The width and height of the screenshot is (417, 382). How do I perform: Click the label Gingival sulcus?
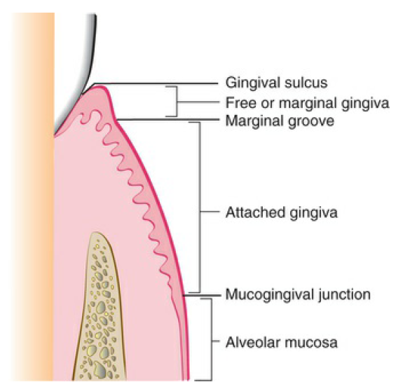[x=276, y=83]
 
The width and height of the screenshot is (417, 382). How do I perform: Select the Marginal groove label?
[x=280, y=121]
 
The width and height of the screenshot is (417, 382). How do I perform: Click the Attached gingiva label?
[x=281, y=213]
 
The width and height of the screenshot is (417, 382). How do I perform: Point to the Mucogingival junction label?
[x=298, y=294]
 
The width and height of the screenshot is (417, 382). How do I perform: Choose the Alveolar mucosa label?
[x=281, y=342]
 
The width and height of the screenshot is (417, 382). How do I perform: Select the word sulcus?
[x=306, y=83]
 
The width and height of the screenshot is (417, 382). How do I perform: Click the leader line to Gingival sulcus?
[x=155, y=83]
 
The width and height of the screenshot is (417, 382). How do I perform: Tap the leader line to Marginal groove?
[x=168, y=120]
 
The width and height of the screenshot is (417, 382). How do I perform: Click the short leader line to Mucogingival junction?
[x=202, y=295]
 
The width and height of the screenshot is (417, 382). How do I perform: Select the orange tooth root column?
[x=33, y=197]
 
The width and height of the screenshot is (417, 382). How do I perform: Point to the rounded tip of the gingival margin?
[x=100, y=86]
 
